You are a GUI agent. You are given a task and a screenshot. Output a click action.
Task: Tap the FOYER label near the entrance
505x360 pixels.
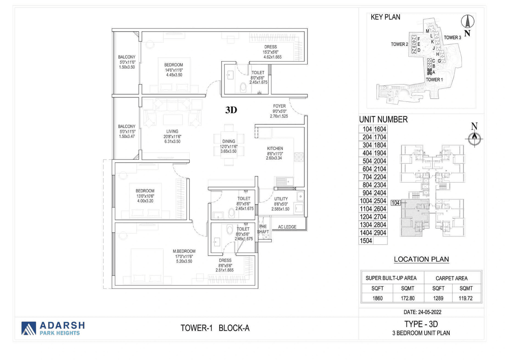(x=279, y=106)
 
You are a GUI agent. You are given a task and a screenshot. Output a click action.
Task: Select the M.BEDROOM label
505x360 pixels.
(x=184, y=251)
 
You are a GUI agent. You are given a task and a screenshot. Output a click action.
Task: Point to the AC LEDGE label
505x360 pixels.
(x=287, y=227)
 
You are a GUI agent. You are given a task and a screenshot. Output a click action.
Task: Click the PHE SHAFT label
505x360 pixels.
(x=263, y=229)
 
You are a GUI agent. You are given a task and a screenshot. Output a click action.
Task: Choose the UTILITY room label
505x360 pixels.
(x=281, y=199)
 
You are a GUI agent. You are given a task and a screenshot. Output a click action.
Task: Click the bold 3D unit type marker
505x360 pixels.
(x=231, y=110)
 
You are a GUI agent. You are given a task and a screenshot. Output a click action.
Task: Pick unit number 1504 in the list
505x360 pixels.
(x=366, y=241)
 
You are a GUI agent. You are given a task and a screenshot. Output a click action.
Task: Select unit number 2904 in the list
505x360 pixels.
(x=380, y=233)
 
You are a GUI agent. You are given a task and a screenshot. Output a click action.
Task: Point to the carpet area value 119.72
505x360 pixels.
(x=466, y=298)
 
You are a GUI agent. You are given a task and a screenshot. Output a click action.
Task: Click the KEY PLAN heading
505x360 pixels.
(x=385, y=17)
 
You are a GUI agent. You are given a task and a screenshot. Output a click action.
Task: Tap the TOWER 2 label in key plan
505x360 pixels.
(x=399, y=44)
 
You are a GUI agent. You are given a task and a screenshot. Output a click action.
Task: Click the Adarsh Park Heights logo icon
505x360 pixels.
(x=28, y=328)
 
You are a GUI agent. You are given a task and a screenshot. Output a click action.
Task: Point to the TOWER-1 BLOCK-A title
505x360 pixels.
(x=215, y=328)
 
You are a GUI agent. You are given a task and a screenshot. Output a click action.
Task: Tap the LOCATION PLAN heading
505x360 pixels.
(x=421, y=259)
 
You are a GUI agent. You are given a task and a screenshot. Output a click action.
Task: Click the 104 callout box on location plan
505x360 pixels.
(x=395, y=203)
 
